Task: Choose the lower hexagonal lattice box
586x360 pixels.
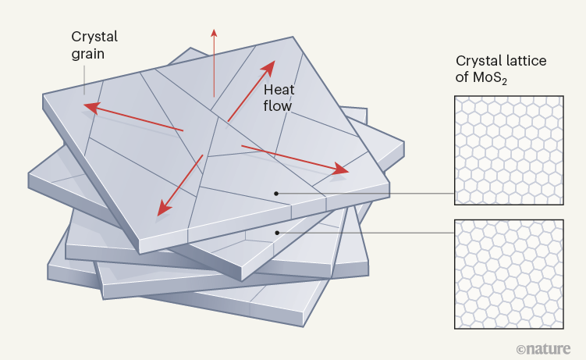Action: [509, 274]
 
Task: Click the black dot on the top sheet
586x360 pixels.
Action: [275, 191]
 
